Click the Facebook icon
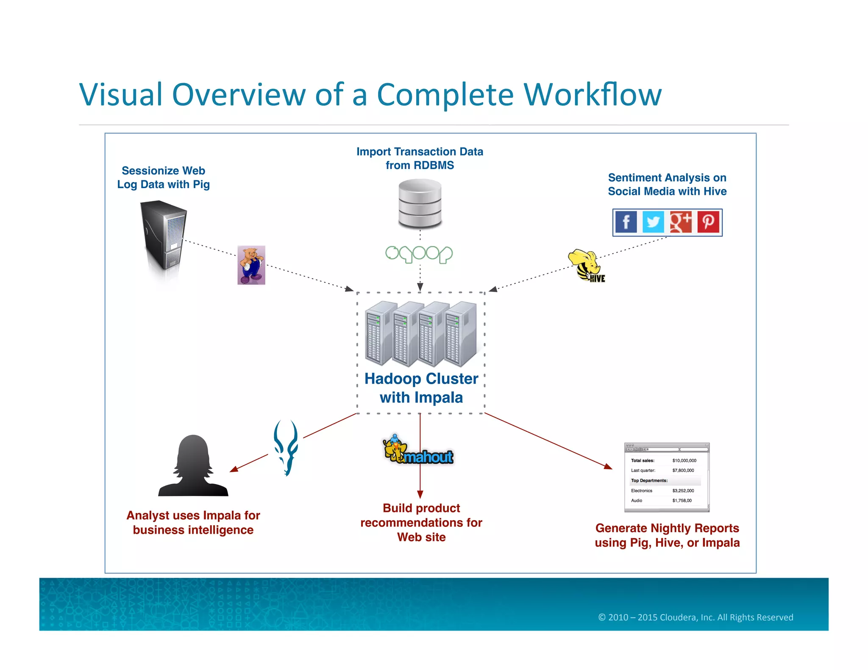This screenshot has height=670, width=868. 626,222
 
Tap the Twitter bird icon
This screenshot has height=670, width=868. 653,222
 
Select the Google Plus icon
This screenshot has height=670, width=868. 681,222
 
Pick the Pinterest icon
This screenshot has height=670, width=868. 708,222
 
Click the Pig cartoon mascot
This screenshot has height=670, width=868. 251,265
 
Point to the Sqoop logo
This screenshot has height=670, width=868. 419,254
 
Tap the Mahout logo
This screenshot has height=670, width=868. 418,451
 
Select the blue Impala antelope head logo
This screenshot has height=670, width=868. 286,447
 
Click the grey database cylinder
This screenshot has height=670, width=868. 420,204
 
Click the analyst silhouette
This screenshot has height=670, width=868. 193,466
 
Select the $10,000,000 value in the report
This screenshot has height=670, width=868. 684,460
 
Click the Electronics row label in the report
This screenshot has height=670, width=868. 641,491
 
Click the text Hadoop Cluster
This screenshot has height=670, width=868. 421,379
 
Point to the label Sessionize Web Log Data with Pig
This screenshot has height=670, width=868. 164,177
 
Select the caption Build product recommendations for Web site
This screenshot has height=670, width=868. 421,523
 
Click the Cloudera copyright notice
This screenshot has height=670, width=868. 696,617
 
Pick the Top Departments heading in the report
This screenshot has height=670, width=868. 649,481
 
